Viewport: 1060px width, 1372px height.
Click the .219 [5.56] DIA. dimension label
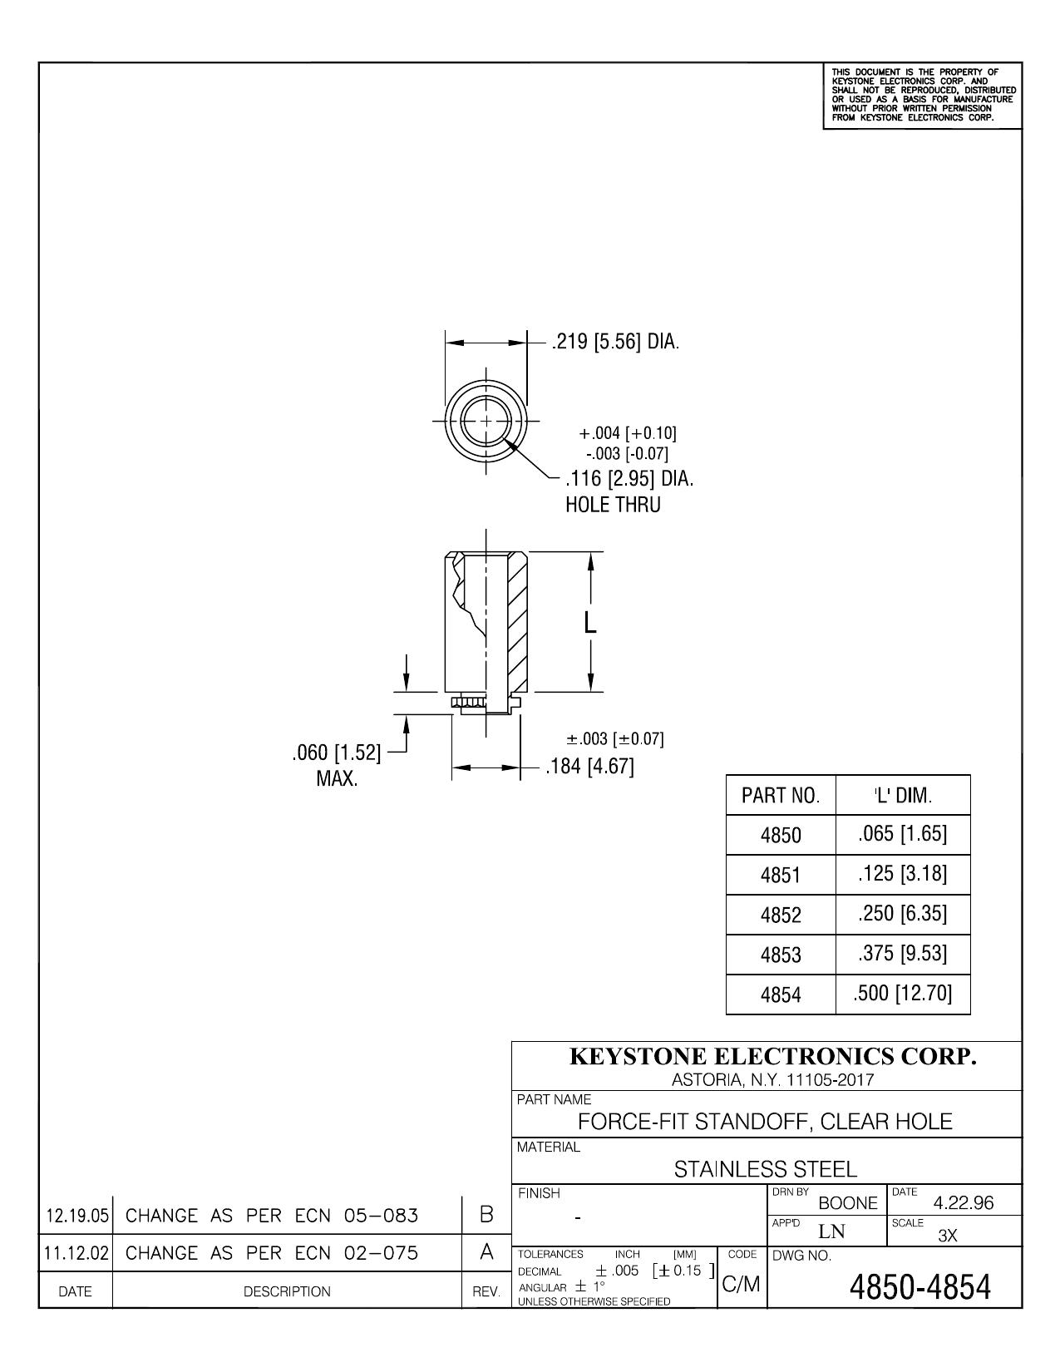point(615,343)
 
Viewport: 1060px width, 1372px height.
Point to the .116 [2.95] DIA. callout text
point(629,479)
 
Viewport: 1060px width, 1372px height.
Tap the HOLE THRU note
point(613,505)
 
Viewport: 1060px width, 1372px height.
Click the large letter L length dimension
point(589,623)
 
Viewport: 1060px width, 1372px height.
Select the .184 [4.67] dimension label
point(589,767)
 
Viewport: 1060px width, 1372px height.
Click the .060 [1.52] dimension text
point(337,753)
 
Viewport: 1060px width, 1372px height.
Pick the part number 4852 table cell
point(781,915)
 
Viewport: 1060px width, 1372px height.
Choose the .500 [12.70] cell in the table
point(902,993)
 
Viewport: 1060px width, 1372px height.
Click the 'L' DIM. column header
point(903,795)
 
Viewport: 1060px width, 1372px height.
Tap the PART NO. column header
point(781,796)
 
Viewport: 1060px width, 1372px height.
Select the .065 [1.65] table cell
point(902,834)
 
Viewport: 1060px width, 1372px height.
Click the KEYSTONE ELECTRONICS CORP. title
point(772,1057)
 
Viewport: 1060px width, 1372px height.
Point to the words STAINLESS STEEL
point(765,1169)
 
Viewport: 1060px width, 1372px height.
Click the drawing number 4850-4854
point(919,1287)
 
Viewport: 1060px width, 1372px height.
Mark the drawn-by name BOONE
point(848,1203)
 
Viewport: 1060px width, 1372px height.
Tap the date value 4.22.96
point(964,1203)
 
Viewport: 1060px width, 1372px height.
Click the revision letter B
point(486,1214)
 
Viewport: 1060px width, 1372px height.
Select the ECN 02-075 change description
point(272,1252)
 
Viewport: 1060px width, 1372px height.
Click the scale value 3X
point(948,1236)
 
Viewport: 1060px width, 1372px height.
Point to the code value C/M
point(742,1284)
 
